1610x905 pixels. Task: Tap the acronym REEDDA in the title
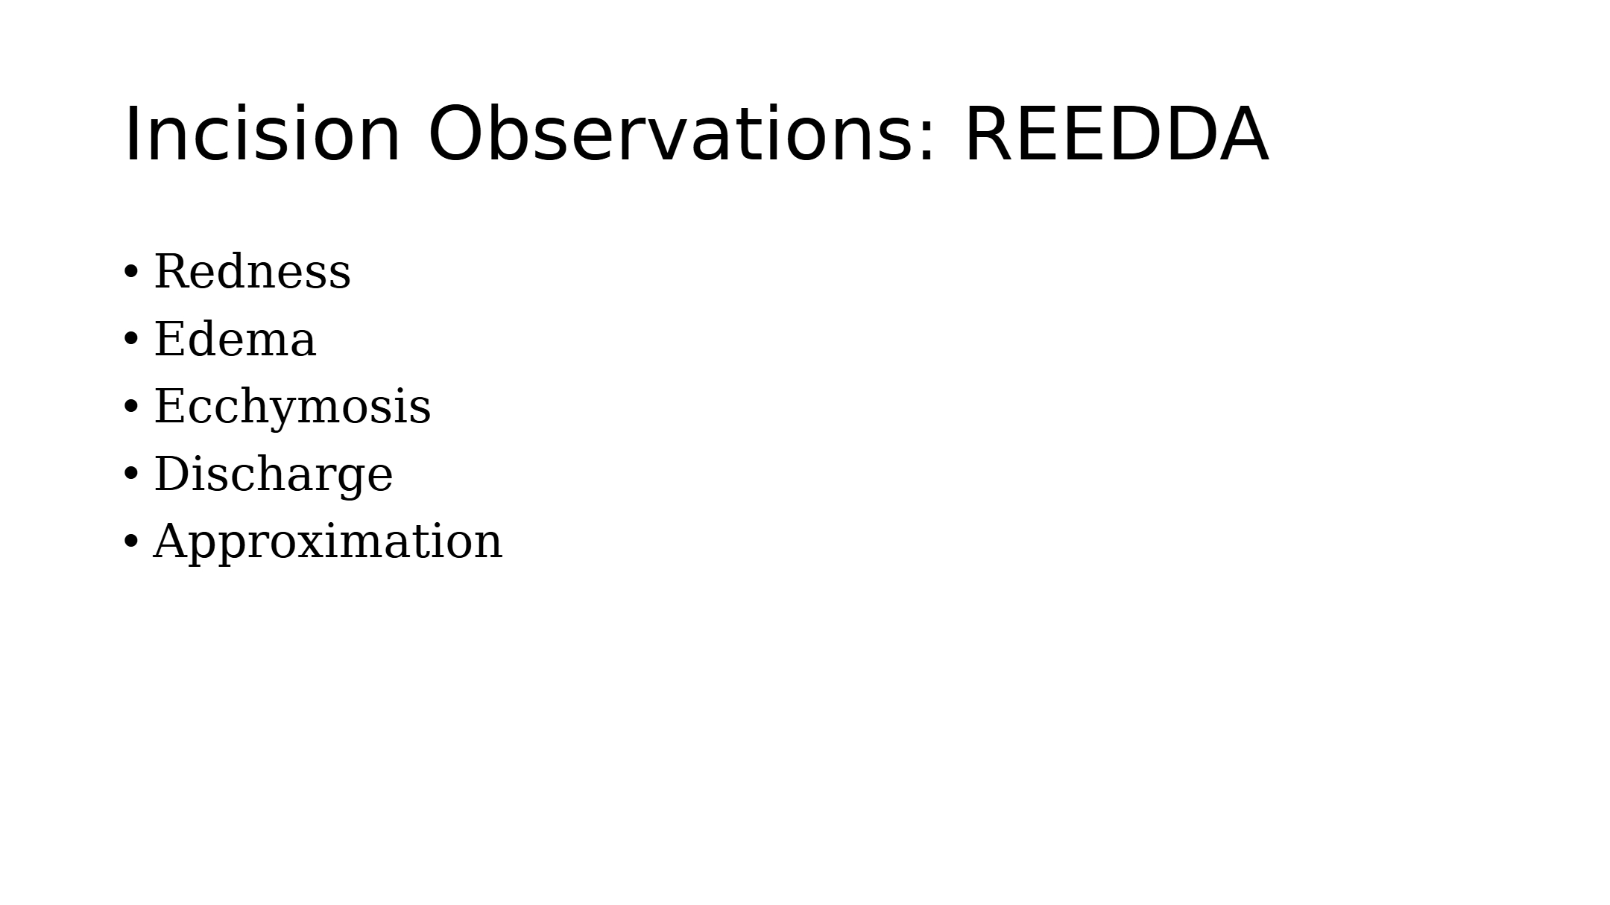(x=1117, y=134)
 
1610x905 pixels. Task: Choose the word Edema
(x=235, y=339)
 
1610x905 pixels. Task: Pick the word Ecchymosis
(x=292, y=407)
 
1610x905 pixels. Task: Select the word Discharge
(x=273, y=474)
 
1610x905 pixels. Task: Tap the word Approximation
(x=328, y=542)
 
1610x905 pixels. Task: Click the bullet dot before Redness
(x=130, y=272)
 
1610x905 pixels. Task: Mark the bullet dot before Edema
(x=130, y=340)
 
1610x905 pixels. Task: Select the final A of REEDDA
(x=1242, y=134)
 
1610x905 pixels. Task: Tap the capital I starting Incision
(x=130, y=134)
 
